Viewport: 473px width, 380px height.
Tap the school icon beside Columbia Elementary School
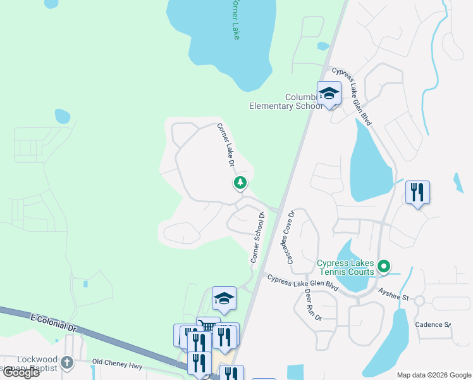coord(329,94)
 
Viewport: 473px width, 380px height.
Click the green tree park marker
coord(240,183)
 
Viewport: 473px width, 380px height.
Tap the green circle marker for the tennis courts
coord(383,267)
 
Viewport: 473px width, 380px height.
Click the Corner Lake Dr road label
coord(226,145)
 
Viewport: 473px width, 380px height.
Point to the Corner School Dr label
coord(257,237)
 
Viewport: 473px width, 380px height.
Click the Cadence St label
coord(433,324)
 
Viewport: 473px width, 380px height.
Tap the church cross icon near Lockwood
coord(68,363)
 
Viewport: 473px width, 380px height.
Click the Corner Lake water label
coord(235,19)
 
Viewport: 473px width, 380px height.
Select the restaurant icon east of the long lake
coord(417,193)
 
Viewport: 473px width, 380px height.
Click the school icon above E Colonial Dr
coord(224,298)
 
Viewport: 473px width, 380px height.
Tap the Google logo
coord(21,372)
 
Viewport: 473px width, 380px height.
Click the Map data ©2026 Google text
coord(434,374)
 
